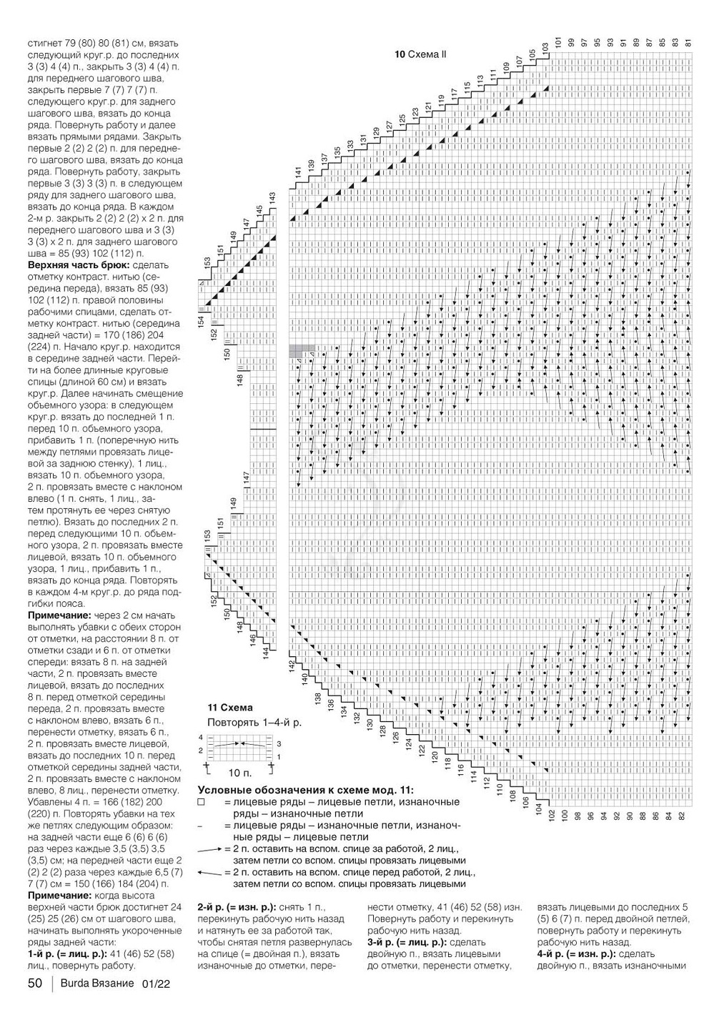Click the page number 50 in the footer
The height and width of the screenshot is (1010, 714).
(x=35, y=984)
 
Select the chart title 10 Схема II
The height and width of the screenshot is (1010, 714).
(x=420, y=54)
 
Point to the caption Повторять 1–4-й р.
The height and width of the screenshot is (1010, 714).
(x=254, y=722)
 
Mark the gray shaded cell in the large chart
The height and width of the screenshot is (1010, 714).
(x=301, y=350)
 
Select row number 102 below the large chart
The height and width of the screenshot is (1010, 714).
(x=552, y=815)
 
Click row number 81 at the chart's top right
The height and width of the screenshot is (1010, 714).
(x=688, y=42)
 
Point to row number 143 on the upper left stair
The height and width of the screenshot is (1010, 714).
(x=272, y=197)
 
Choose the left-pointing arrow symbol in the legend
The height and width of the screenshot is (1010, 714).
(x=209, y=873)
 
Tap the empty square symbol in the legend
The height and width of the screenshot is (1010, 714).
(x=201, y=803)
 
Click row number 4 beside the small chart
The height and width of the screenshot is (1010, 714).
(x=201, y=737)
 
